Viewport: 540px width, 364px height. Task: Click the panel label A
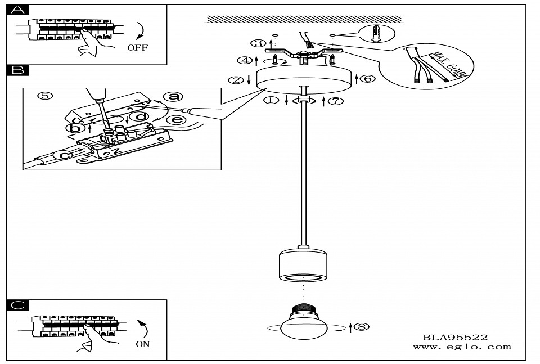pyautogui.click(x=19, y=10)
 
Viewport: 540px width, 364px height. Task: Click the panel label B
pyautogui.click(x=18, y=70)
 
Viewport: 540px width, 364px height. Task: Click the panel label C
pyautogui.click(x=19, y=305)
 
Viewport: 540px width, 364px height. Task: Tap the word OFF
pyautogui.click(x=137, y=48)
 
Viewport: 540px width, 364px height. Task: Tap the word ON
pyautogui.click(x=143, y=344)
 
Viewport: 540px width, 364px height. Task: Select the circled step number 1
pyautogui.click(x=272, y=101)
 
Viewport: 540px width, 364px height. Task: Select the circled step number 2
pyautogui.click(x=235, y=80)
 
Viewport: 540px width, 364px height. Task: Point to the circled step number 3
pyautogui.click(x=258, y=43)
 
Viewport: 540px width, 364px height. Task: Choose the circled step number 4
pyautogui.click(x=244, y=60)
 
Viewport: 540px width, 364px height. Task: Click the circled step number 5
pyautogui.click(x=45, y=96)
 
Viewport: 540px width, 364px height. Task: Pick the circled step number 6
pyautogui.click(x=368, y=78)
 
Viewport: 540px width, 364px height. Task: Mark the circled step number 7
pyautogui.click(x=336, y=101)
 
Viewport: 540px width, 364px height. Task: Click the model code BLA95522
pyautogui.click(x=456, y=337)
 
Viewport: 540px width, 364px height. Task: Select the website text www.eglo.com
pyautogui.click(x=462, y=347)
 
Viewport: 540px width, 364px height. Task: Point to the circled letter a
pyautogui.click(x=173, y=97)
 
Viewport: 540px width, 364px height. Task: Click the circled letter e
pyautogui.click(x=175, y=120)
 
